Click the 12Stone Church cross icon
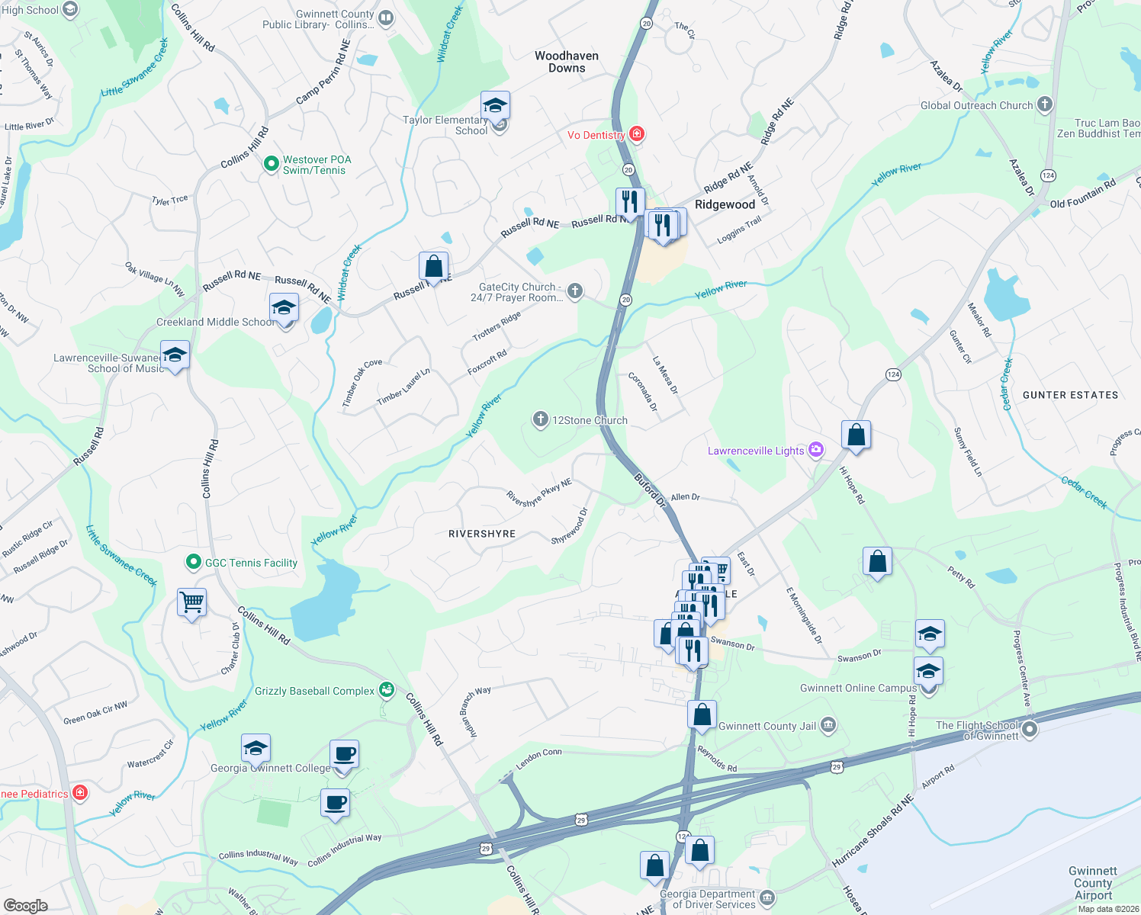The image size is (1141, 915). pyautogui.click(x=540, y=419)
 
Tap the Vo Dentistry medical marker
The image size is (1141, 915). pyautogui.click(x=636, y=135)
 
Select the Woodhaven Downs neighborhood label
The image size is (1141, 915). pyautogui.click(x=567, y=62)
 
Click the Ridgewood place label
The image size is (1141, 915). pyautogui.click(x=725, y=204)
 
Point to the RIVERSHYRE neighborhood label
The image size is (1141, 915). pyautogui.click(x=482, y=534)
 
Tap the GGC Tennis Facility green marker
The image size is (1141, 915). pyautogui.click(x=194, y=563)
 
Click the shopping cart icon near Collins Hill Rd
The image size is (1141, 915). pyautogui.click(x=191, y=602)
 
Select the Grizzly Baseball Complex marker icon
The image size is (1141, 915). pyautogui.click(x=387, y=690)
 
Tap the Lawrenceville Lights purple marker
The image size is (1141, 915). pyautogui.click(x=816, y=450)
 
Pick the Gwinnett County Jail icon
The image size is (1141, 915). pyautogui.click(x=828, y=725)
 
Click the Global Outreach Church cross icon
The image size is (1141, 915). pyautogui.click(x=1045, y=104)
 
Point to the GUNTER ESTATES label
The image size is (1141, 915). pyautogui.click(x=1070, y=395)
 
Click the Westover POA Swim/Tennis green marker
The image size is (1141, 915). pyautogui.click(x=271, y=164)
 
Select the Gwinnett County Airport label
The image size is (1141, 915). pyautogui.click(x=1093, y=883)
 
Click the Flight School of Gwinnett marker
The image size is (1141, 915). pyautogui.click(x=1030, y=730)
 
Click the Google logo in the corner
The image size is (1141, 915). pyautogui.click(x=25, y=905)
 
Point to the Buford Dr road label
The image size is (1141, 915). pyautogui.click(x=651, y=490)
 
